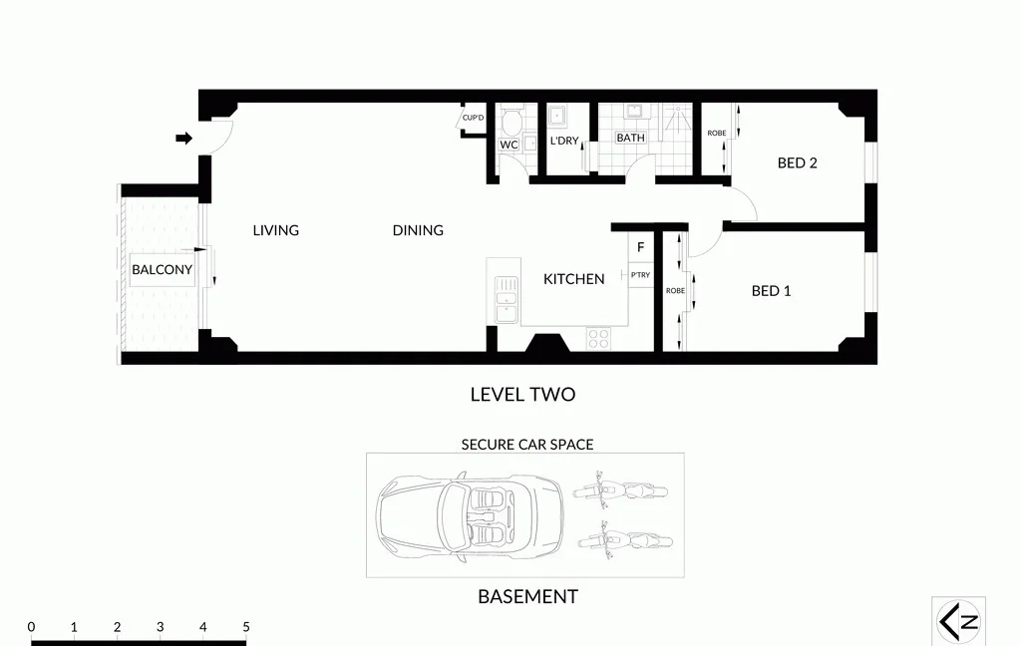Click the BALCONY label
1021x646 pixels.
coord(162,270)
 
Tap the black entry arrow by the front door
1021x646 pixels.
coord(183,138)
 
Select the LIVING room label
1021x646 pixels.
coord(275,230)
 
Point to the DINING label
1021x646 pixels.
coord(418,230)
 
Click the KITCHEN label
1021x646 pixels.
coord(573,279)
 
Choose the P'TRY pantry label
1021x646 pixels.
coord(639,272)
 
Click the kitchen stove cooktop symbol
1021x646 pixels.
coord(598,338)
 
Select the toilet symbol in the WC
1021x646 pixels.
coord(511,123)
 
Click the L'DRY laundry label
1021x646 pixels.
coord(564,141)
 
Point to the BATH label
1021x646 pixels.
coord(630,138)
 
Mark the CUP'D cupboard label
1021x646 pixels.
coord(473,120)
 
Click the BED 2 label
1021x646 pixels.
coord(797,162)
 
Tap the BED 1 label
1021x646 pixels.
coord(771,291)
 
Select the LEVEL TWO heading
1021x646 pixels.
coord(522,395)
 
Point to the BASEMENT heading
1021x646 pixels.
coord(527,597)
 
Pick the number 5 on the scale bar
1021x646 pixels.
coord(245,627)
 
